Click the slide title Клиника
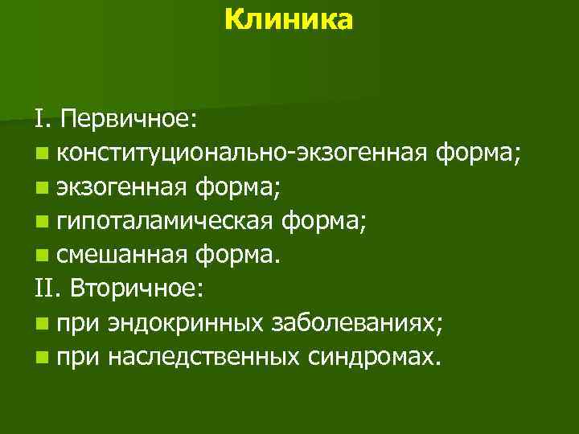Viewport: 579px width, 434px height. [x=289, y=19]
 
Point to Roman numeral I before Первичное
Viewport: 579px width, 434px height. [x=40, y=120]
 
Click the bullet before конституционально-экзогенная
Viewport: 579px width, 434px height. [x=41, y=154]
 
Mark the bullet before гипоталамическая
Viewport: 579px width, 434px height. [x=41, y=222]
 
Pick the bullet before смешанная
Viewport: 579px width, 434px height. [x=41, y=256]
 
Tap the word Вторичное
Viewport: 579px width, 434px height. [x=133, y=289]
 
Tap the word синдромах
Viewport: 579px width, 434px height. [x=375, y=356]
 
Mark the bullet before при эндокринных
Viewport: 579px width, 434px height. [x=41, y=323]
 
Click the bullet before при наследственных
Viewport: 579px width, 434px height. [x=41, y=357]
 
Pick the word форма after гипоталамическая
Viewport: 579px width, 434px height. [x=326, y=221]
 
